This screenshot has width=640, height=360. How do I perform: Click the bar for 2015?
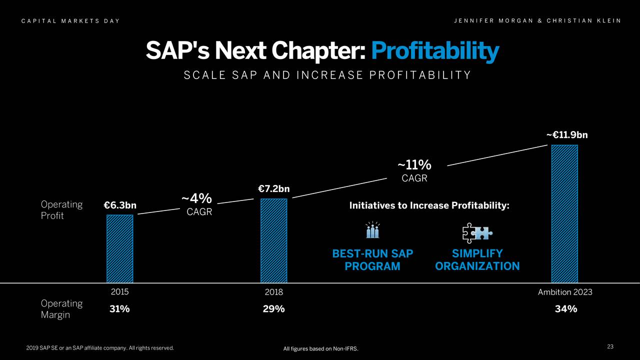pos(119,248)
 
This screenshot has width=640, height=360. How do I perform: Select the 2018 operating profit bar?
pos(273,240)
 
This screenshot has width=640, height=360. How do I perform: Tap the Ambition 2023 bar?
pos(564,214)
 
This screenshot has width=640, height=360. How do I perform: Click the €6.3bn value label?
pos(120,205)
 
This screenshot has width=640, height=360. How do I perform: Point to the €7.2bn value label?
pos(274,189)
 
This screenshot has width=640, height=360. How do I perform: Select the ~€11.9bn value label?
pos(566,135)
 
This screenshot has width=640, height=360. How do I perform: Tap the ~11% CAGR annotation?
pos(414,170)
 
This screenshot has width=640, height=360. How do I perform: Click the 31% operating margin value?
pos(119,309)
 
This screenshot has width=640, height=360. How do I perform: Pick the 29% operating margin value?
pos(273,309)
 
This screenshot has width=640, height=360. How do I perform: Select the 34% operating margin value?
pos(566,309)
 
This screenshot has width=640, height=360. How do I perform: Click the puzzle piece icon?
pos(477,232)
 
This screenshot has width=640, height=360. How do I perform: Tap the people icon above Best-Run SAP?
pos(372,230)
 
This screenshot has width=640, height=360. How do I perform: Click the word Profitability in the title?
pos(435,51)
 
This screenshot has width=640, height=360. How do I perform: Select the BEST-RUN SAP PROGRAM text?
pos(372,260)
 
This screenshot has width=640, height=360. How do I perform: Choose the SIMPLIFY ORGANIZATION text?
pos(477,260)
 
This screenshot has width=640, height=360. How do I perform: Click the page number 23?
pos(610,347)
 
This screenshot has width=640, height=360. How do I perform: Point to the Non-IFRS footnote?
pos(321,348)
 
